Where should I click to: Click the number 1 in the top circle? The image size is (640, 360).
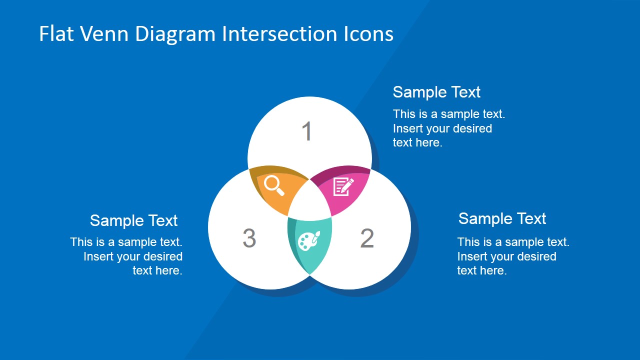307,131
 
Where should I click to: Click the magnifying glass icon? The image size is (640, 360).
274,185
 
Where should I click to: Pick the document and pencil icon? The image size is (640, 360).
343,186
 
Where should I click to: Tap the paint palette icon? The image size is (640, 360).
309,240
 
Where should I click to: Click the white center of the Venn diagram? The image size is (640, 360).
309,201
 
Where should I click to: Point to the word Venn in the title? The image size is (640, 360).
104,33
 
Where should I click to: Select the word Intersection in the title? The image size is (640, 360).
279,33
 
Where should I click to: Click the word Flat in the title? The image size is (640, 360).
56,33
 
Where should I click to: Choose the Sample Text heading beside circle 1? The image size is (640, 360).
436,92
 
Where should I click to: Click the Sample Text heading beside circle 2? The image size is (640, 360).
502,218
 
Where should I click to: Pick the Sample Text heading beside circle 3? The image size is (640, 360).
133,220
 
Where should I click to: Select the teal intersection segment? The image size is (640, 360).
309,243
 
